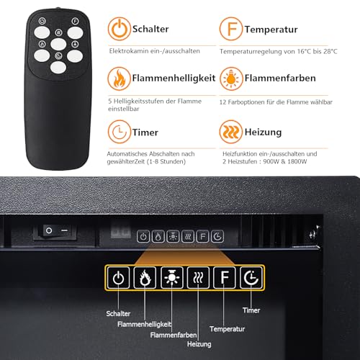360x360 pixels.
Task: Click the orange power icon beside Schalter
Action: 120,29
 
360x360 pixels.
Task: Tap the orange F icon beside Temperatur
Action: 231,29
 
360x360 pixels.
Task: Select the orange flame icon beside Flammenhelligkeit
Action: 120,78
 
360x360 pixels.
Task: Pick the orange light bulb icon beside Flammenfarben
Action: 231,78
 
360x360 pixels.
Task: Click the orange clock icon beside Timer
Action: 120,132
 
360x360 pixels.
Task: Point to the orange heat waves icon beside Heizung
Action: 231,132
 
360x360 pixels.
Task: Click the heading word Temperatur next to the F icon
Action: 271,30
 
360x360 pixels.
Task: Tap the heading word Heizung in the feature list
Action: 263,132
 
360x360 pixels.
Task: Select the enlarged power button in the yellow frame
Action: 118,278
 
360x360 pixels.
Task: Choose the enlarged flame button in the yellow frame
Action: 145,278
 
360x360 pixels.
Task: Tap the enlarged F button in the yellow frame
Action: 225,278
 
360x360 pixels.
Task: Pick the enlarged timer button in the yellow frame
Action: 251,278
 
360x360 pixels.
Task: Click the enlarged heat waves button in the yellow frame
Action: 198,278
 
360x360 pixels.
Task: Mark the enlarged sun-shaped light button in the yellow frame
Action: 172,278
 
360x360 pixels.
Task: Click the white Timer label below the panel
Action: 251,310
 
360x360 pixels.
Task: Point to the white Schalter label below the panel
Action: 118,313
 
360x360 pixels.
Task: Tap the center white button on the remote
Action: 58,44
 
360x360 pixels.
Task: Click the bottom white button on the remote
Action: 58,68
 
